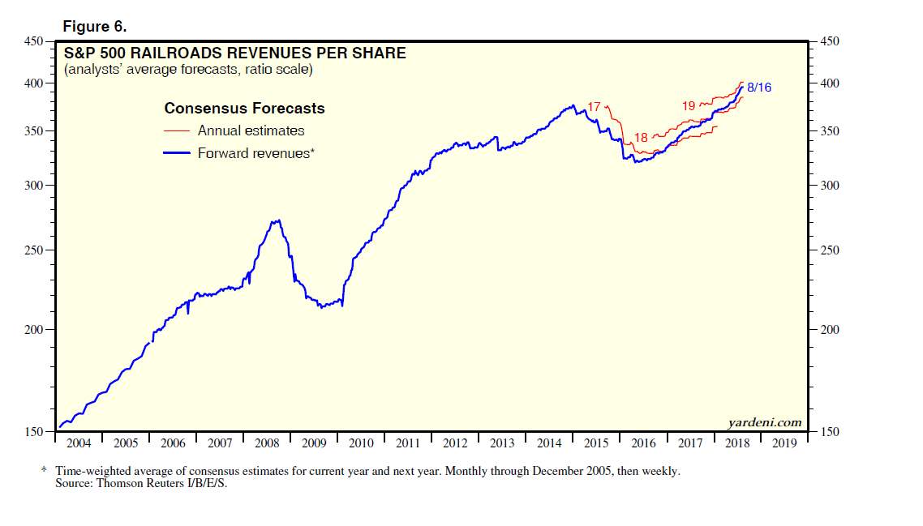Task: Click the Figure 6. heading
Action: click(x=95, y=27)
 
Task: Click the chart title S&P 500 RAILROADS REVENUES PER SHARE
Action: click(x=235, y=53)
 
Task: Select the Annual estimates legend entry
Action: click(x=251, y=130)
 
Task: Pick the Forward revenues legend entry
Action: click(x=255, y=152)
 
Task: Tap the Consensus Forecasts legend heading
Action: click(x=244, y=109)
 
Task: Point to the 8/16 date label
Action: click(x=758, y=87)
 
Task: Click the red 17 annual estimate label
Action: click(x=595, y=106)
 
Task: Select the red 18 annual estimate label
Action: click(x=641, y=138)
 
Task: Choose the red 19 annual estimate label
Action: click(x=689, y=105)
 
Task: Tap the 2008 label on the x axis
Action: click(x=266, y=443)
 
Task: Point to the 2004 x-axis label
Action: click(x=78, y=443)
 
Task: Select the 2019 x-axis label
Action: click(x=784, y=443)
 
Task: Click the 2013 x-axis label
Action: click(x=502, y=443)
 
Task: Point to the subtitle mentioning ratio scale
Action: click(x=188, y=70)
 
